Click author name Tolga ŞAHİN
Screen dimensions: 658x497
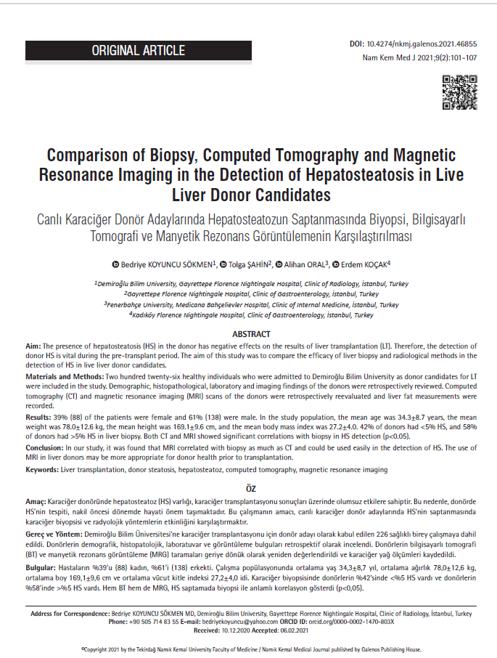[247, 263]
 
